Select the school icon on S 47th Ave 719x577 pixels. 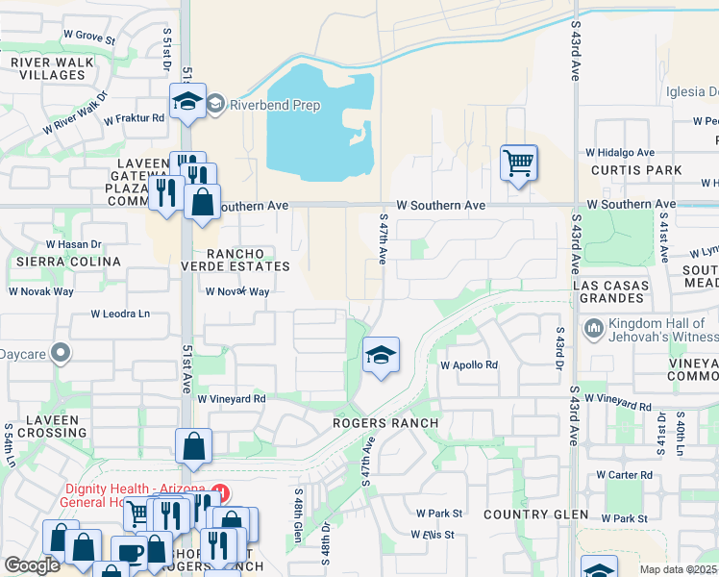click(381, 356)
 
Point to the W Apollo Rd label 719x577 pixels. click(469, 365)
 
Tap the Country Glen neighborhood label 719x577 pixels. click(536, 514)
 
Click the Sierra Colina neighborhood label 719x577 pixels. click(65, 262)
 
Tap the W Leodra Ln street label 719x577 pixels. click(121, 314)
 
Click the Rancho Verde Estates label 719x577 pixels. click(236, 260)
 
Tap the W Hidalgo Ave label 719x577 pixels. click(620, 152)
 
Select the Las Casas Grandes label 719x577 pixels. click(610, 293)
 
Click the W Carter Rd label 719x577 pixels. click(624, 475)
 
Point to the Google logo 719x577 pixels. click(33, 565)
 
